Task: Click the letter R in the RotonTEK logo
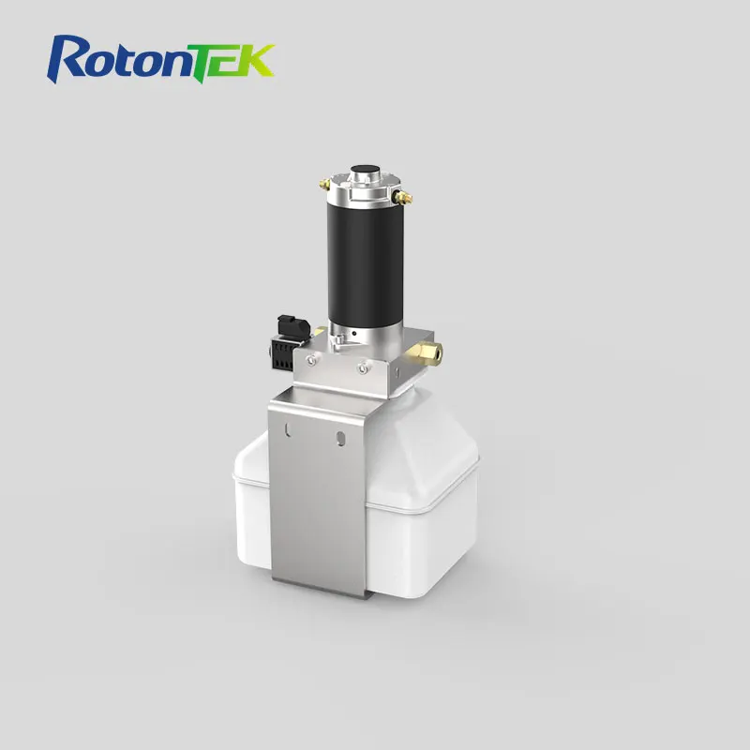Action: coord(70,58)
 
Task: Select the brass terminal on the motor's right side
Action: coord(405,197)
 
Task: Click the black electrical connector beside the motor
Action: coord(287,342)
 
